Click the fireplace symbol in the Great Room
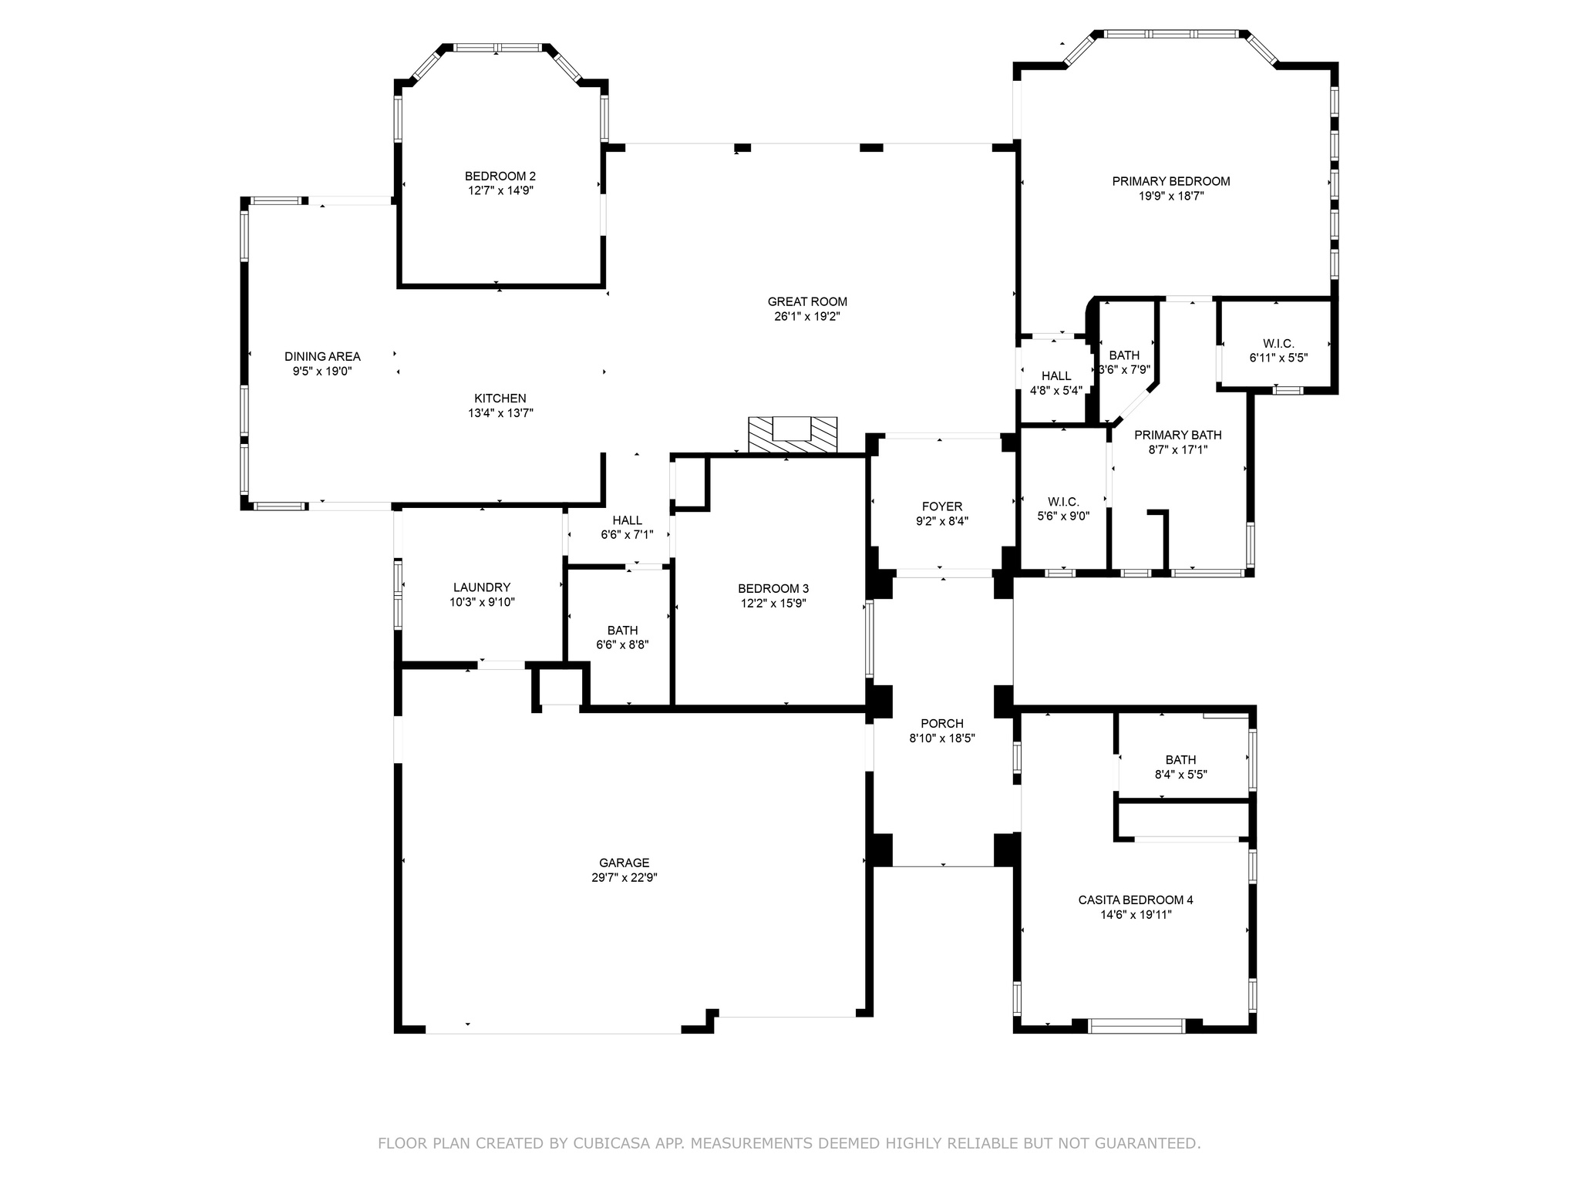click(793, 435)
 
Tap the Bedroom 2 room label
click(500, 176)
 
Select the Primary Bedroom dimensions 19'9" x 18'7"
click(1171, 196)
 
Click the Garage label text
click(625, 863)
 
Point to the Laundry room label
click(482, 587)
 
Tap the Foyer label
click(942, 506)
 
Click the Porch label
click(942, 723)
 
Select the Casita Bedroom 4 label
click(1136, 900)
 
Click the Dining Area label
click(322, 356)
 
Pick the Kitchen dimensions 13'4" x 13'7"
click(500, 413)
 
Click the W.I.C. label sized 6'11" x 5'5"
click(1278, 344)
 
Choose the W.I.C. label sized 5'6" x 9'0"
click(1063, 502)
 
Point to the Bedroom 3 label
click(773, 589)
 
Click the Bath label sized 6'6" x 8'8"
click(622, 631)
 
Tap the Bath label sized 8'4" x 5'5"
click(1180, 759)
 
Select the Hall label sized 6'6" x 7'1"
click(627, 520)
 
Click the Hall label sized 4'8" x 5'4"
click(1056, 375)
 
